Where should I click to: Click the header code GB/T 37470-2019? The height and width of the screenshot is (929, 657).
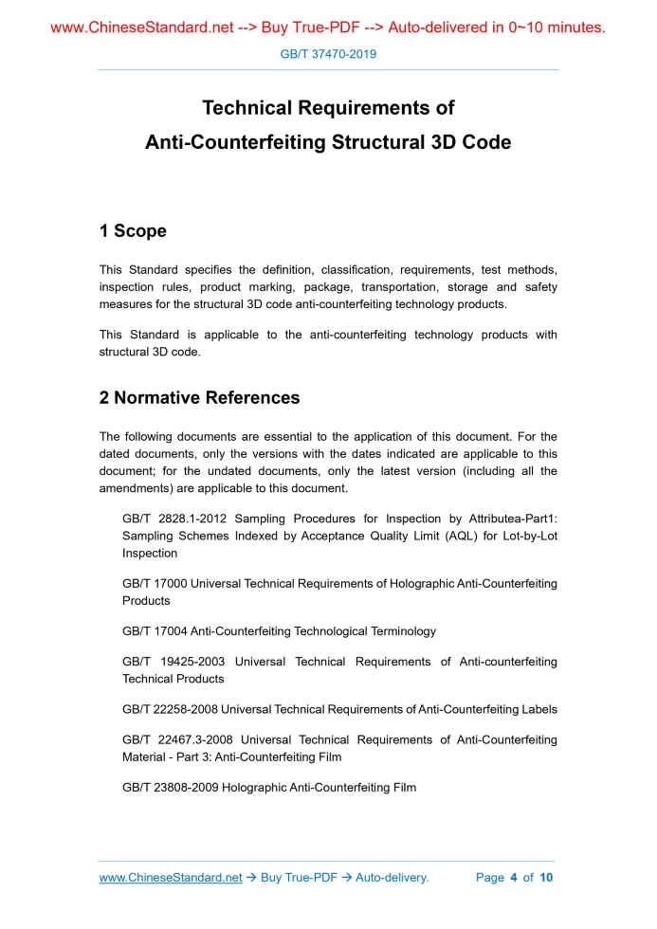click(x=328, y=54)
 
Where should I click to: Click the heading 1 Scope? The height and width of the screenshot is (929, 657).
click(x=133, y=231)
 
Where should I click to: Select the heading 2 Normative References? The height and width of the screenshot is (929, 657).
click(x=199, y=398)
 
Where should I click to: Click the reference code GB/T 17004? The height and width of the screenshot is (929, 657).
click(x=155, y=631)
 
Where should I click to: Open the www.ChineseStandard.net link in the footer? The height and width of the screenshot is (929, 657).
click(x=171, y=878)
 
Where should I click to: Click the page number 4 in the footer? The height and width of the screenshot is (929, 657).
click(x=513, y=878)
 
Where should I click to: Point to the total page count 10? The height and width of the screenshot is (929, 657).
click(x=546, y=878)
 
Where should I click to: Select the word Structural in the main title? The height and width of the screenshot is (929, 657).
click(x=373, y=142)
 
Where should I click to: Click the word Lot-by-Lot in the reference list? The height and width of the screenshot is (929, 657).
click(x=527, y=536)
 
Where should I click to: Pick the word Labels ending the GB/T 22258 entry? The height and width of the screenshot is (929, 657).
click(x=538, y=710)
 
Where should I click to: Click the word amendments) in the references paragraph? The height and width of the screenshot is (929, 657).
click(x=135, y=488)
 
